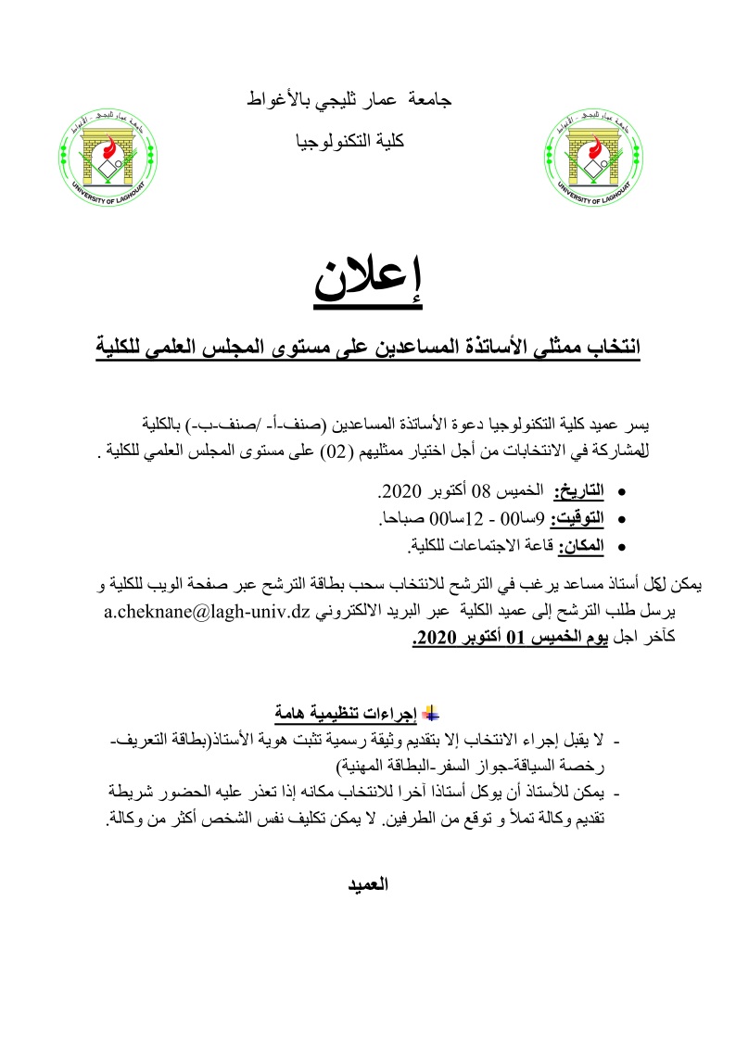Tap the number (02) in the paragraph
(321, 453)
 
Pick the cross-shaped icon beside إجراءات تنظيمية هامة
(429, 712)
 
